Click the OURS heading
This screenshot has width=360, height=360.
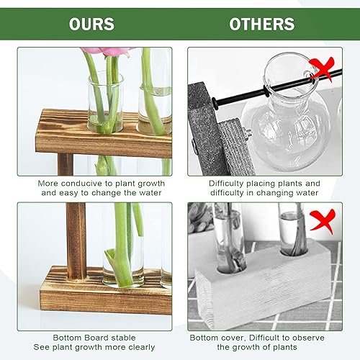click(x=91, y=24)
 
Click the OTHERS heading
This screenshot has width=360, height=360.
click(x=262, y=24)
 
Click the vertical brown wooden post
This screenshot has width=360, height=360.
click(x=75, y=238)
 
